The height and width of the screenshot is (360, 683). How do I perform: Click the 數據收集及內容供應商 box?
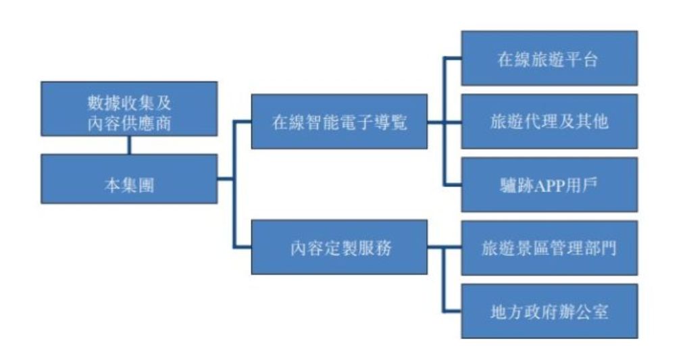pyautogui.click(x=129, y=109)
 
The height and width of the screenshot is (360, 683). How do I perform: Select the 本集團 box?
pyautogui.click(x=129, y=179)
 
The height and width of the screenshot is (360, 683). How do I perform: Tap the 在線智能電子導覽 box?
pyautogui.click(x=338, y=122)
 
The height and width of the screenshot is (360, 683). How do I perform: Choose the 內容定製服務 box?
pyautogui.click(x=338, y=247)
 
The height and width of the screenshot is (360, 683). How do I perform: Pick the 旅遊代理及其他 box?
pyautogui.click(x=549, y=122)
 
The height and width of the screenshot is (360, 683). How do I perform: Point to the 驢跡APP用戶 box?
pyautogui.click(x=549, y=184)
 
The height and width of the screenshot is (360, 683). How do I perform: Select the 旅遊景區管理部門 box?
pyautogui.click(x=549, y=248)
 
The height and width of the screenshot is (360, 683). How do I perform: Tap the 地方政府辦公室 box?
pyautogui.click(x=549, y=311)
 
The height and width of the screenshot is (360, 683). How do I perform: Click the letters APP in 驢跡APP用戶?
pyautogui.click(x=549, y=185)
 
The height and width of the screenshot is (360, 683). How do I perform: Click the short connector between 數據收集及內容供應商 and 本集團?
pyautogui.click(x=129, y=145)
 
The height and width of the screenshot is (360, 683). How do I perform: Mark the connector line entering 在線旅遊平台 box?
pyautogui.click(x=453, y=58)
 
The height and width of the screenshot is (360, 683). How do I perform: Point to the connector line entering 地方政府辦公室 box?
pyautogui.click(x=453, y=311)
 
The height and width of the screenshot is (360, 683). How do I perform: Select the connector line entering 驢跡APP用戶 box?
pyautogui.click(x=453, y=184)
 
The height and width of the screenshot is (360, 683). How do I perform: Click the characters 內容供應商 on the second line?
pyautogui.click(x=129, y=120)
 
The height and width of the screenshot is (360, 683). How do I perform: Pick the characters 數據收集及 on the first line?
pyautogui.click(x=129, y=99)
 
